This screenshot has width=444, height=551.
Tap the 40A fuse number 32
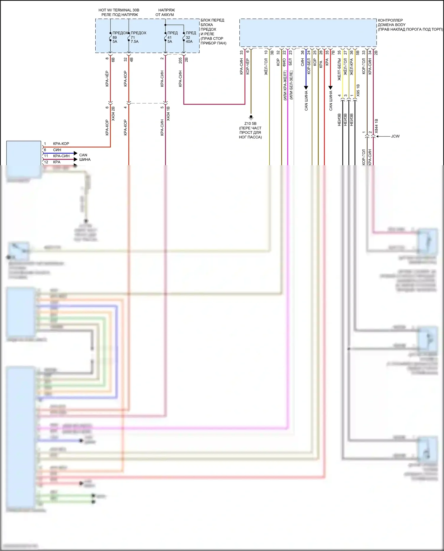coord(188,37)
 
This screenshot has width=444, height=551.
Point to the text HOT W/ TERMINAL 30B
coord(119,10)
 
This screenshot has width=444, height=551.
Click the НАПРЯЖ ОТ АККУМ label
coord(165,12)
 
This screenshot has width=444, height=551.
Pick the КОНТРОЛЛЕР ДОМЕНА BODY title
coord(392,23)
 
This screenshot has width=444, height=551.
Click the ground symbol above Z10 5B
coord(251,117)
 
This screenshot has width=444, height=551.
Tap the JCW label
coord(395,136)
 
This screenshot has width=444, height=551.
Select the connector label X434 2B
coord(113,114)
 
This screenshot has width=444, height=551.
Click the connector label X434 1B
coord(168,114)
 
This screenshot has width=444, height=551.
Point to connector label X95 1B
coord(358,90)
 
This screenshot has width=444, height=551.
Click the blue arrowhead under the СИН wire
coord(306,88)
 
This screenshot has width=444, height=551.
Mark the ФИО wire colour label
coord(284,62)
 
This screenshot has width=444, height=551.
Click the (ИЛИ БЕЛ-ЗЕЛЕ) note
coord(291,85)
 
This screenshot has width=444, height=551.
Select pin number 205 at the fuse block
coord(180,60)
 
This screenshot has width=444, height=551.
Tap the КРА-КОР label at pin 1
coord(61,144)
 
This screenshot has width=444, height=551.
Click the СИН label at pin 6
coord(57,150)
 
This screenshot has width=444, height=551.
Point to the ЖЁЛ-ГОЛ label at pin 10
coord(266,66)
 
